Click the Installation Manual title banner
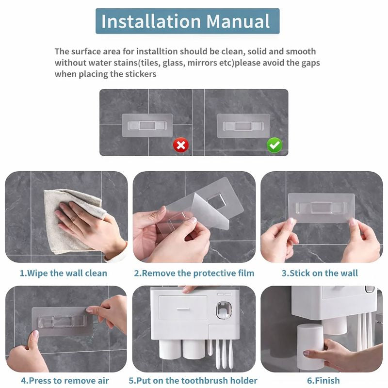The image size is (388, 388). pyautogui.click(x=187, y=21)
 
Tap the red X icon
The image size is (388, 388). pyautogui.click(x=181, y=145)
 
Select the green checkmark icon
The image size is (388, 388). pyautogui.click(x=275, y=145)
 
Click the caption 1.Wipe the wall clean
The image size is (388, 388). pyautogui.click(x=63, y=273)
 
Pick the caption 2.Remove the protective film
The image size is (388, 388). pyautogui.click(x=194, y=273)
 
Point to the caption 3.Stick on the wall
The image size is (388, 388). pyautogui.click(x=320, y=273)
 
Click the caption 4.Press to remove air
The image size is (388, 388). pyautogui.click(x=65, y=381)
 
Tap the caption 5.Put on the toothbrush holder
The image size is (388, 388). pyautogui.click(x=193, y=381)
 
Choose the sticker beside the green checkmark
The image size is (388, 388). pyautogui.click(x=243, y=126)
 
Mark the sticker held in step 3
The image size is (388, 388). pyautogui.click(x=321, y=208)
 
